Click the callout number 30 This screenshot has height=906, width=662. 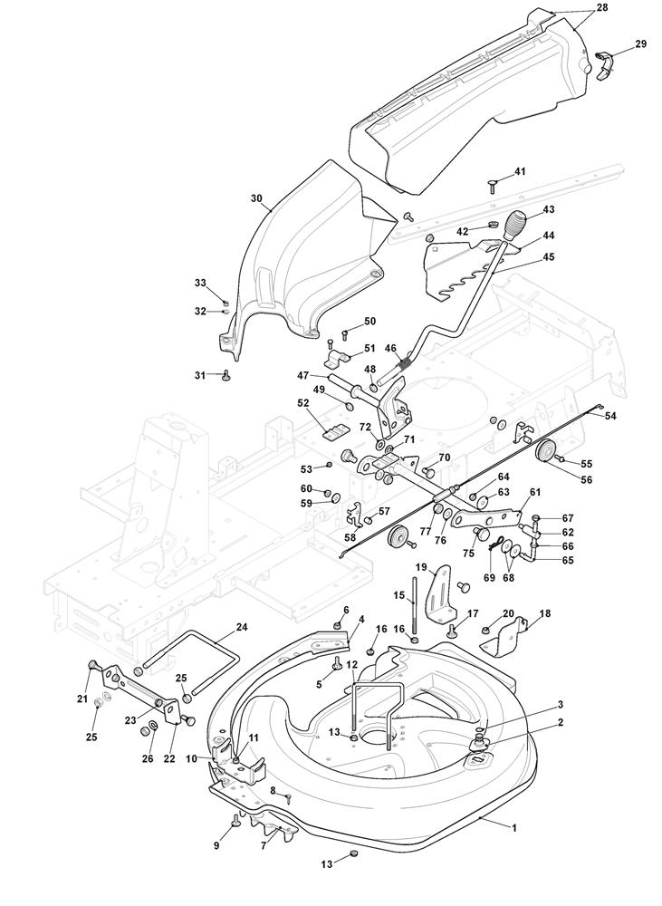coord(256,198)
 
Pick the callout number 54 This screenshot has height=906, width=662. coord(610,416)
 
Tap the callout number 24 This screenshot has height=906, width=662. coord(242,626)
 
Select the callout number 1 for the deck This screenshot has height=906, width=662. coord(514,827)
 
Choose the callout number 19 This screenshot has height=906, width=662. coord(420,567)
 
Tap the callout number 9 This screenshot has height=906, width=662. coord(216,846)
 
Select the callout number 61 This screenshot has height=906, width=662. coord(535,491)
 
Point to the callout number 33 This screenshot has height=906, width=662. coord(200,283)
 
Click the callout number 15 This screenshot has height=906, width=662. coord(398,595)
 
